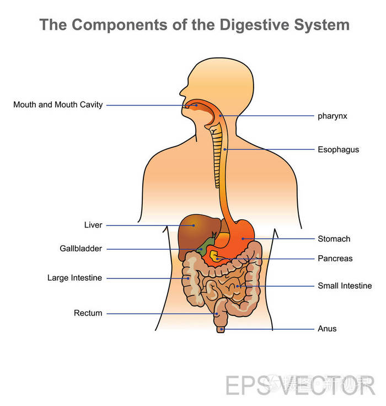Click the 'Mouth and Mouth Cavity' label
click(58, 104)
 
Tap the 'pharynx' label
click(332, 116)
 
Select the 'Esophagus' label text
click(338, 149)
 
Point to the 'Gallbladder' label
click(81, 249)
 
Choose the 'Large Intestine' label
click(74, 278)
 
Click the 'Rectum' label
click(88, 313)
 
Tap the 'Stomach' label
click(334, 239)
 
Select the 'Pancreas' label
click(335, 258)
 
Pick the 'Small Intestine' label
click(345, 286)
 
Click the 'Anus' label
click(327, 329)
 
